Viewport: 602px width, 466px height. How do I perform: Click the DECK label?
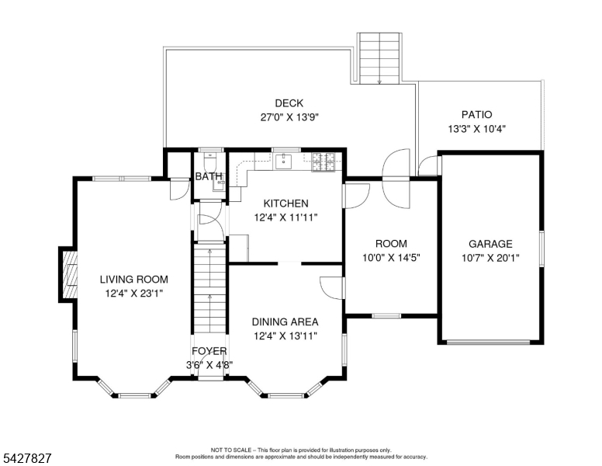[x=289, y=103]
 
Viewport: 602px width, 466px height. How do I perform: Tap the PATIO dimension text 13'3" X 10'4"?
[x=476, y=129]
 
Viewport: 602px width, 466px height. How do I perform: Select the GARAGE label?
[x=490, y=244]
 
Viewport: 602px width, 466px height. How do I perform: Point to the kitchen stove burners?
[x=323, y=162]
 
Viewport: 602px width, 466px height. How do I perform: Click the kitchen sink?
[x=283, y=161]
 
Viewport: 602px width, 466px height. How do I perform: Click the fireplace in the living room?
[x=68, y=274]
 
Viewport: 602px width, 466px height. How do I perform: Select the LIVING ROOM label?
[x=134, y=279]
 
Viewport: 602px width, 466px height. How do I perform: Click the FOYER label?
[x=209, y=351]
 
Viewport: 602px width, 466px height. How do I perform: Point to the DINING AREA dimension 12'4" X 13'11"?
[x=285, y=336]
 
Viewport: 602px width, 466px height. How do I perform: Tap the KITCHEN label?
[x=285, y=203]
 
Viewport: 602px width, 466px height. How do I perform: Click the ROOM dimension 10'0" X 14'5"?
[x=391, y=257]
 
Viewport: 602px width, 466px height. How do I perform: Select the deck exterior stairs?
[x=379, y=58]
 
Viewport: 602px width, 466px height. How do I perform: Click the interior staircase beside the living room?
[x=209, y=290]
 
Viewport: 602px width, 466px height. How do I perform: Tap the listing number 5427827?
[x=27, y=458]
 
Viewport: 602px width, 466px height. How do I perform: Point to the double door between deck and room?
[x=396, y=179]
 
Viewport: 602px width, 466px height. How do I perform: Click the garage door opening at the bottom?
[x=490, y=343]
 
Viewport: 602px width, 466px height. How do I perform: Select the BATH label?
[x=209, y=176]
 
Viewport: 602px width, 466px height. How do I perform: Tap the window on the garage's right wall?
[x=541, y=249]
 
